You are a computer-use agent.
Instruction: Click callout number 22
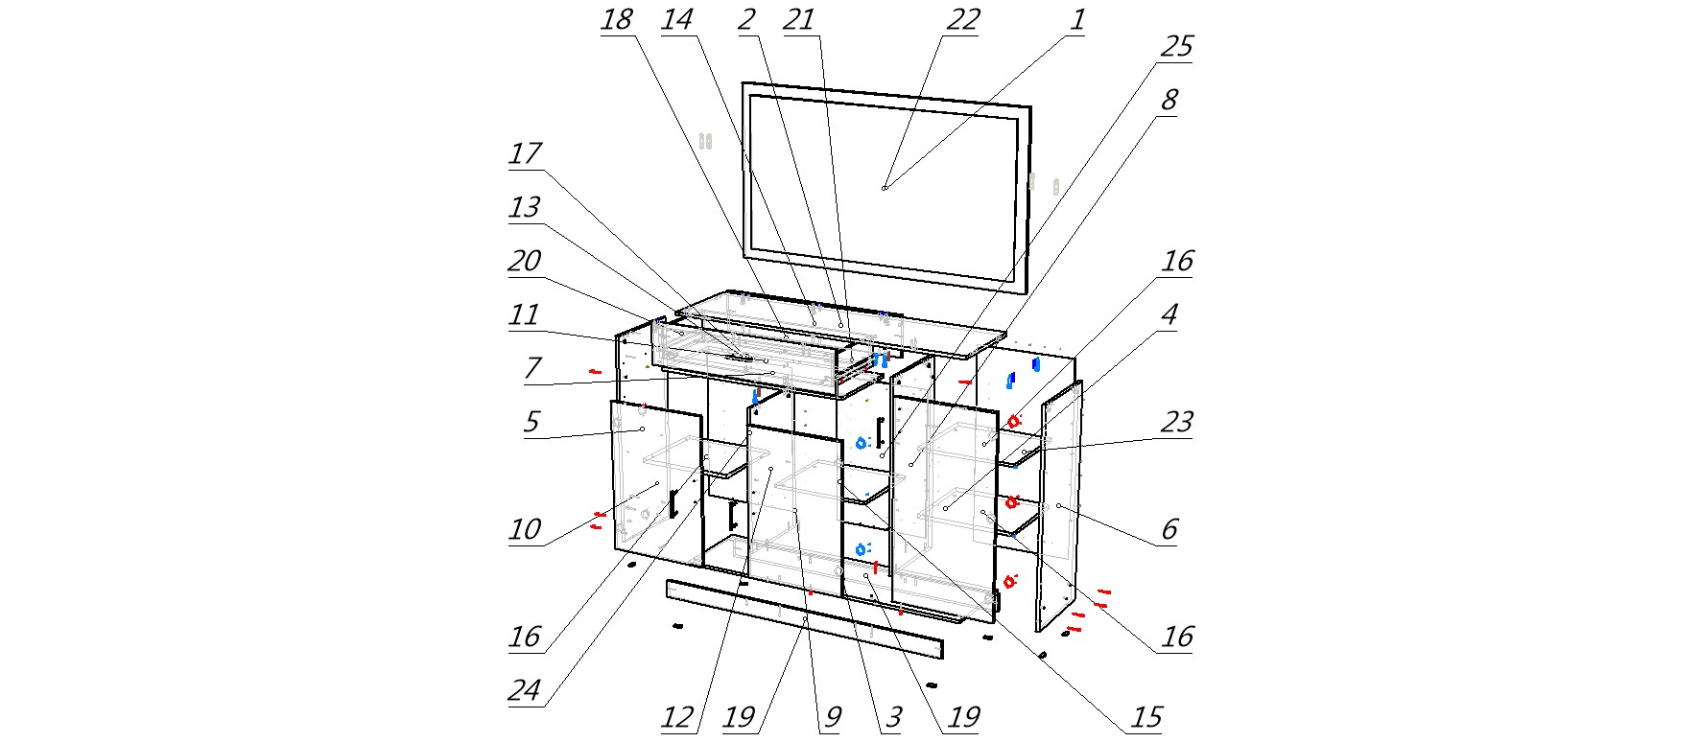pos(962,20)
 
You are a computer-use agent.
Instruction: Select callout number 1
pos(1077,20)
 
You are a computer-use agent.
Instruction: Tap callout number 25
pos(1176,47)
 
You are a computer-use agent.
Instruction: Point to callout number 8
pos(1169,101)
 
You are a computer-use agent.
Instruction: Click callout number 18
pos(617,20)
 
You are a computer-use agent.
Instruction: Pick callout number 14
pos(677,20)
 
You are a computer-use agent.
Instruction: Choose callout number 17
pos(525,154)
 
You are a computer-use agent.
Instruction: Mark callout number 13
pos(525,208)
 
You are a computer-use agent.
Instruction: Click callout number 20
pos(525,262)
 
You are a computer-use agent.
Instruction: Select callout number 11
pos(525,315)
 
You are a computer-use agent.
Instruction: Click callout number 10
pos(525,530)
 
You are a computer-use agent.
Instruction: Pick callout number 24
pos(525,691)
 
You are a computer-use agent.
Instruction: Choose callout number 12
pos(677,718)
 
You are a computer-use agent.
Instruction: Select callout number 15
pos(1145,718)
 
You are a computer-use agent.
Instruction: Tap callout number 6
pos(1169,530)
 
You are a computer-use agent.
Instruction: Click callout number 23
pos(1176,423)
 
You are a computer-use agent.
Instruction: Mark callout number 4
pos(1169,315)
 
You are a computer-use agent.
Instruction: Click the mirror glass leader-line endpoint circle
pos(885,188)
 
